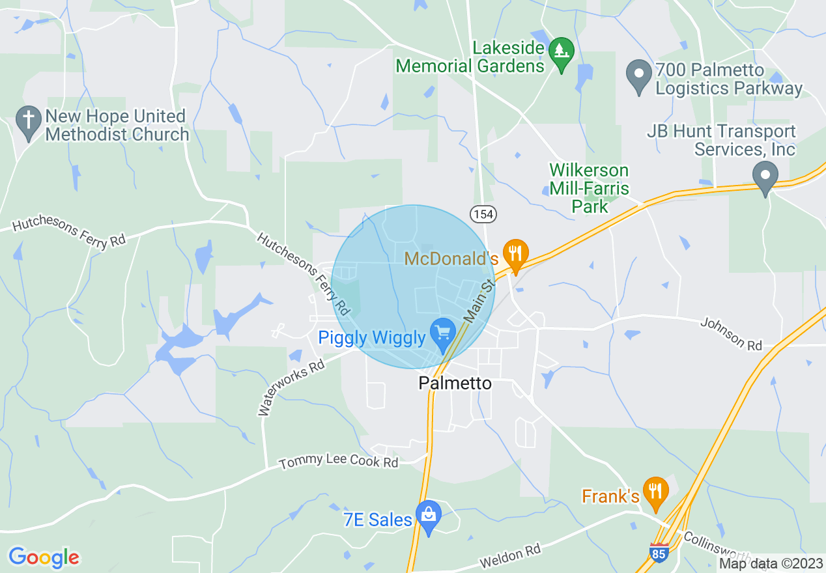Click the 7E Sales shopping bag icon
pyautogui.click(x=429, y=516)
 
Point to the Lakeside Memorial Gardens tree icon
pyautogui.click(x=560, y=51)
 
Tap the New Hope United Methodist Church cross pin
pyautogui.click(x=28, y=122)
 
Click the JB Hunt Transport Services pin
pyautogui.click(x=765, y=176)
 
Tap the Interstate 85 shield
pyautogui.click(x=659, y=552)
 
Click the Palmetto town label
pyautogui.click(x=455, y=384)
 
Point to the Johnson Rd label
pyautogui.click(x=732, y=333)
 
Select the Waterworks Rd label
pyautogui.click(x=291, y=387)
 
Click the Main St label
pyautogui.click(x=480, y=301)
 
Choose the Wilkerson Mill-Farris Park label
pyautogui.click(x=589, y=189)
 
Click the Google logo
pyautogui.click(x=44, y=557)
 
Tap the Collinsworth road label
pyautogui.click(x=713, y=547)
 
